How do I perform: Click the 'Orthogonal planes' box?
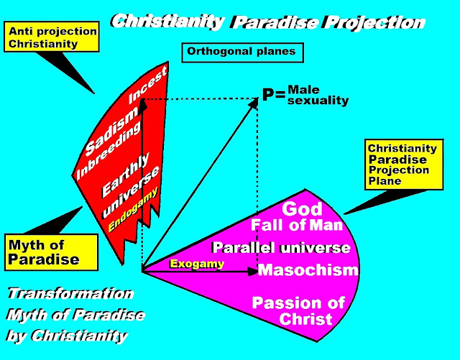(242, 52)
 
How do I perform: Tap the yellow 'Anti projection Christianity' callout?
(52, 37)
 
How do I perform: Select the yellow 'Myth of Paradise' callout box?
(51, 252)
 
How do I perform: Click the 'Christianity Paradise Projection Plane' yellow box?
(404, 165)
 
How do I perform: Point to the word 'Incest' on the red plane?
(148, 85)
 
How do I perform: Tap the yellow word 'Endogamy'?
(133, 208)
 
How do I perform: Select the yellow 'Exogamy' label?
(197, 264)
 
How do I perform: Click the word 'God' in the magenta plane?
(302, 209)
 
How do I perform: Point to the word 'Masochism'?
(308, 270)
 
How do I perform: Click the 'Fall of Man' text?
(297, 226)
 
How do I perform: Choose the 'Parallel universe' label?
(281, 248)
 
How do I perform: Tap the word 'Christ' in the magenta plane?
(305, 319)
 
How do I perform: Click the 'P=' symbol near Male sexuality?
(274, 95)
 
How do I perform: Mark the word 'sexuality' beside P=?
(318, 101)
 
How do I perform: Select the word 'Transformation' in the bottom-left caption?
(70, 293)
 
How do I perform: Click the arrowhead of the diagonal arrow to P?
(254, 102)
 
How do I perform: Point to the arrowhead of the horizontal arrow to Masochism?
(253, 272)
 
